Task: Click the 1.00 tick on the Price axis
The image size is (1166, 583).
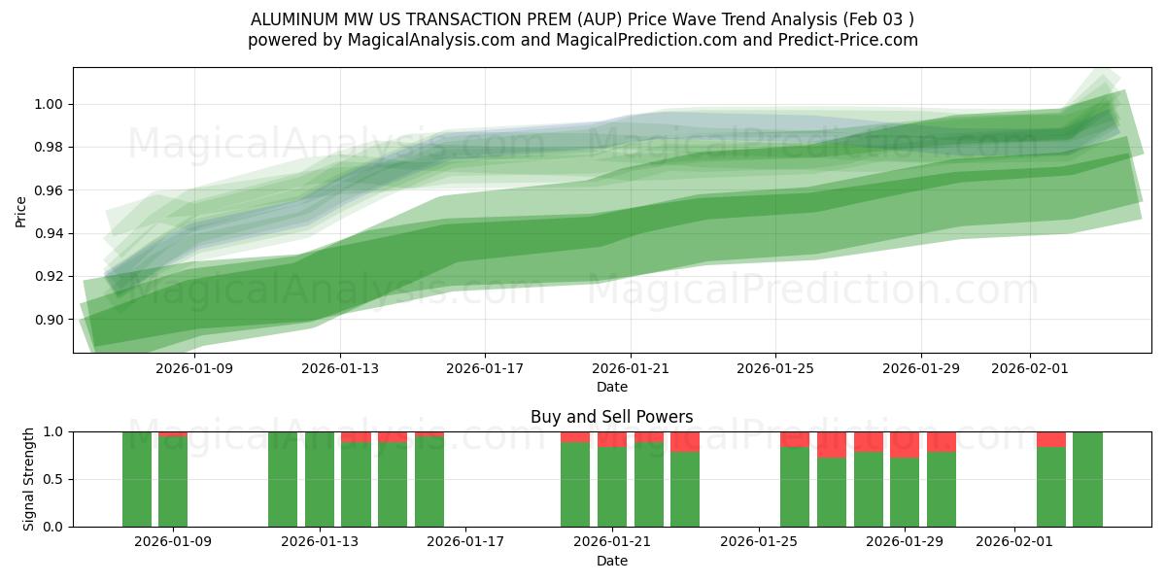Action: [x=50, y=104]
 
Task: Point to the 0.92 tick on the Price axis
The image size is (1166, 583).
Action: [x=50, y=276]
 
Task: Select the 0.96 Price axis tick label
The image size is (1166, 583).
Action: [x=50, y=190]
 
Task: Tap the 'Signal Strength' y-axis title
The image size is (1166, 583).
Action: [x=29, y=479]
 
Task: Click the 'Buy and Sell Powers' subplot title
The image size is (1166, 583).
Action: [x=611, y=417]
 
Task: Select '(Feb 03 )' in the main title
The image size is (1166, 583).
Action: [x=877, y=19]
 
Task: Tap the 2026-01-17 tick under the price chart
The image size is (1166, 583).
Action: [x=485, y=368]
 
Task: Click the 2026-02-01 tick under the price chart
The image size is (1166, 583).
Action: [x=1030, y=368]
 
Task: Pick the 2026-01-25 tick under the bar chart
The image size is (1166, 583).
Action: [x=758, y=541]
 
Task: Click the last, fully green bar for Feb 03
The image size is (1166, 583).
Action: [x=1087, y=479]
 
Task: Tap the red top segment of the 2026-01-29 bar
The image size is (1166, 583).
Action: [x=905, y=444]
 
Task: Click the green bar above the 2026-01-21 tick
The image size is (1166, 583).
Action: [x=612, y=488]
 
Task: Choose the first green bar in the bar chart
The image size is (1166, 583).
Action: [x=137, y=479]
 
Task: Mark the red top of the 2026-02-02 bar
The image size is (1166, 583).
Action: [x=1050, y=438]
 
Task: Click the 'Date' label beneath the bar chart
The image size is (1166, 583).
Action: [x=611, y=561]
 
